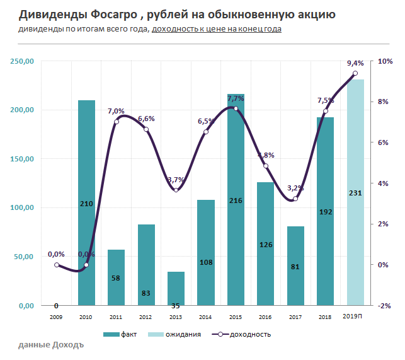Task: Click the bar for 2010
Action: tap(86, 202)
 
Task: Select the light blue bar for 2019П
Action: tap(355, 192)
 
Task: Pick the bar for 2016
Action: tap(265, 243)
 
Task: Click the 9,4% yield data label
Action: tap(355, 63)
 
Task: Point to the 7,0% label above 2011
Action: tap(116, 111)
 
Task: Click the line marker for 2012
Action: tap(146, 130)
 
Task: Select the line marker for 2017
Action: tap(295, 199)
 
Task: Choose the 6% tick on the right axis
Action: tap(383, 142)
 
